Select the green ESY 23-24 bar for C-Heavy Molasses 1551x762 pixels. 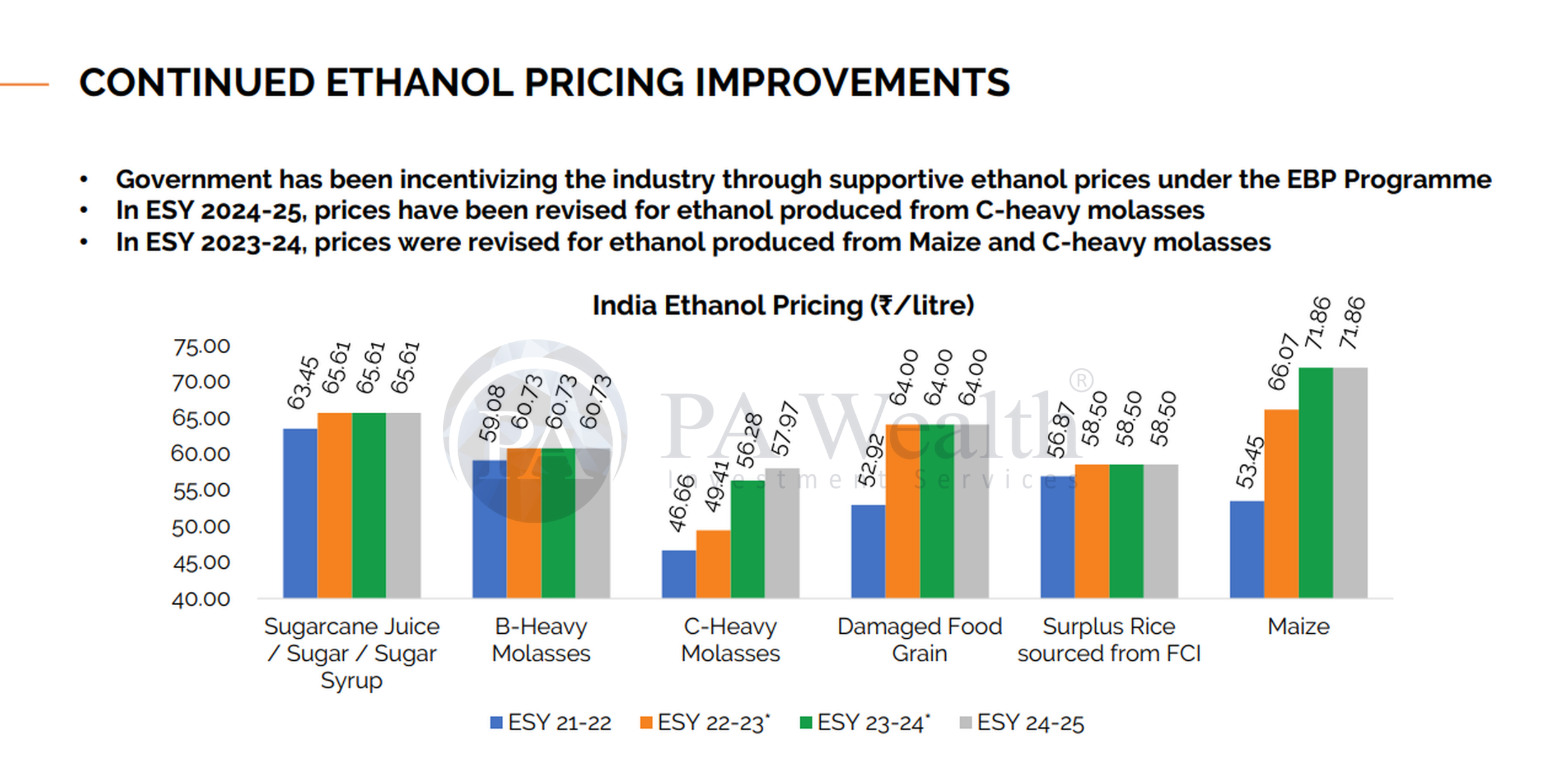coord(747,539)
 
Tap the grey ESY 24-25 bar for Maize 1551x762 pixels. coord(1350,483)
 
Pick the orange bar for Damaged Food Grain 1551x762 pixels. coord(902,511)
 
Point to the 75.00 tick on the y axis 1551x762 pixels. coord(201,346)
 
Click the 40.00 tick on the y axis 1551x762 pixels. coord(201,599)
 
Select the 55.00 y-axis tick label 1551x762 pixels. coord(201,491)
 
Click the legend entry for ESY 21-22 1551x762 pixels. coord(550,723)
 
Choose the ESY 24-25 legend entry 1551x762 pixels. coord(1021,723)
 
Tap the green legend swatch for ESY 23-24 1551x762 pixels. coord(806,723)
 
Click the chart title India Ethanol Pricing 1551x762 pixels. coord(783,306)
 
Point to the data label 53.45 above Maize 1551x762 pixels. coord(1250,462)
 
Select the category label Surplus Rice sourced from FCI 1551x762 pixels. coord(1108,639)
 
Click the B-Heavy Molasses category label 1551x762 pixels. coord(541,639)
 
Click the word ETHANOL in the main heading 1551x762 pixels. coord(419,83)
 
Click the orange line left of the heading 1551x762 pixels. coord(24,84)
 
